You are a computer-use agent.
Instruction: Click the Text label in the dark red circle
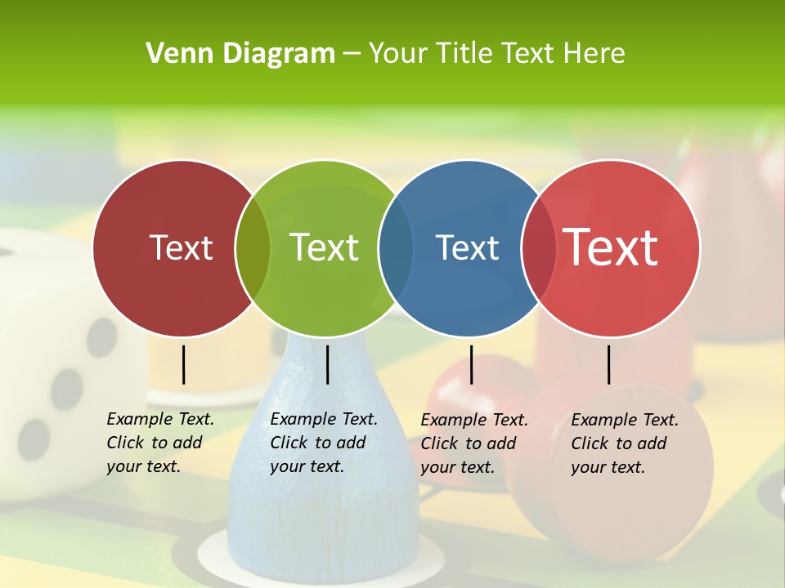181,247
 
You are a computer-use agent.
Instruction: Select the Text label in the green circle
324,247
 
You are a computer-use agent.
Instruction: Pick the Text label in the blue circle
467,247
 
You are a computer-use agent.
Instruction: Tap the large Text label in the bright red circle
611,247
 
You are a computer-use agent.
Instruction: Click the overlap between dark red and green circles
253,248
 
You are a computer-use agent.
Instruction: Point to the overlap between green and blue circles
396,248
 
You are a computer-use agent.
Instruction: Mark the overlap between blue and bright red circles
539,248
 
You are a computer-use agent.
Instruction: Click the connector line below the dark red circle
184,364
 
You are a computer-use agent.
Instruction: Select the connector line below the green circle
327,364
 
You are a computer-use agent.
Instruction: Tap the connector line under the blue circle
471,364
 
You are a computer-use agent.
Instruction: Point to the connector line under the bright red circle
608,364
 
